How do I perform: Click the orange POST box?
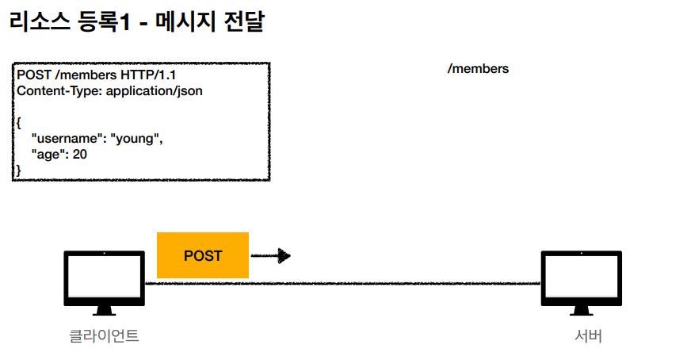[203, 255]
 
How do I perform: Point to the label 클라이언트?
[104, 335]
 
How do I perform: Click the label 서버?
[588, 335]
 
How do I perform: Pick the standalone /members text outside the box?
[478, 69]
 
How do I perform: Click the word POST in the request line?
[32, 75]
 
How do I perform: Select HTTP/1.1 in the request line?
[152, 75]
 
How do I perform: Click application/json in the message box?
[155, 91]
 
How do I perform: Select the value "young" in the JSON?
[136, 139]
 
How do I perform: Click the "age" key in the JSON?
[48, 154]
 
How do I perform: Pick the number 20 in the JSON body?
[80, 154]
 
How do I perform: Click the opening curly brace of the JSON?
[18, 124]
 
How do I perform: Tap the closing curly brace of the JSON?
[18, 170]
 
